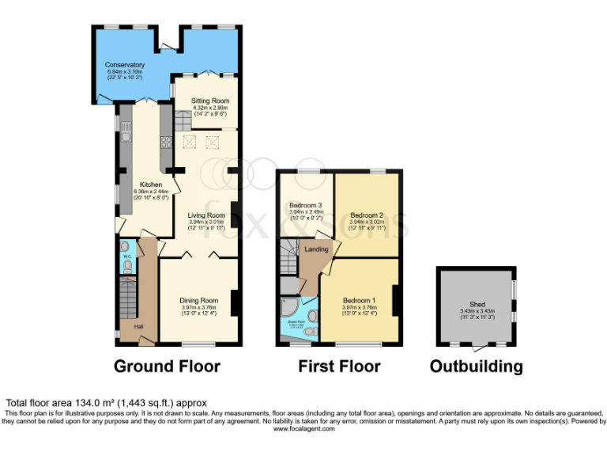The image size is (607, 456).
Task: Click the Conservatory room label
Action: tap(126, 65)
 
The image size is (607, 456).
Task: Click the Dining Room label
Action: tap(199, 300)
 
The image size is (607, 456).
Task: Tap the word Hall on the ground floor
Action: tap(138, 327)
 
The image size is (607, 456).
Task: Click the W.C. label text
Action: tap(126, 256)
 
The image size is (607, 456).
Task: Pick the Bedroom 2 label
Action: tap(366, 215)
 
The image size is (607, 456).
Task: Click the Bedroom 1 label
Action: tap(359, 300)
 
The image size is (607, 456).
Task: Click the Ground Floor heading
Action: tap(167, 366)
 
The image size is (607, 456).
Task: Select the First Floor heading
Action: tap(339, 366)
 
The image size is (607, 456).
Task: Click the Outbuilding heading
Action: tap(476, 366)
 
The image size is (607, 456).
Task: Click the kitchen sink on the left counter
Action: tap(124, 124)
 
